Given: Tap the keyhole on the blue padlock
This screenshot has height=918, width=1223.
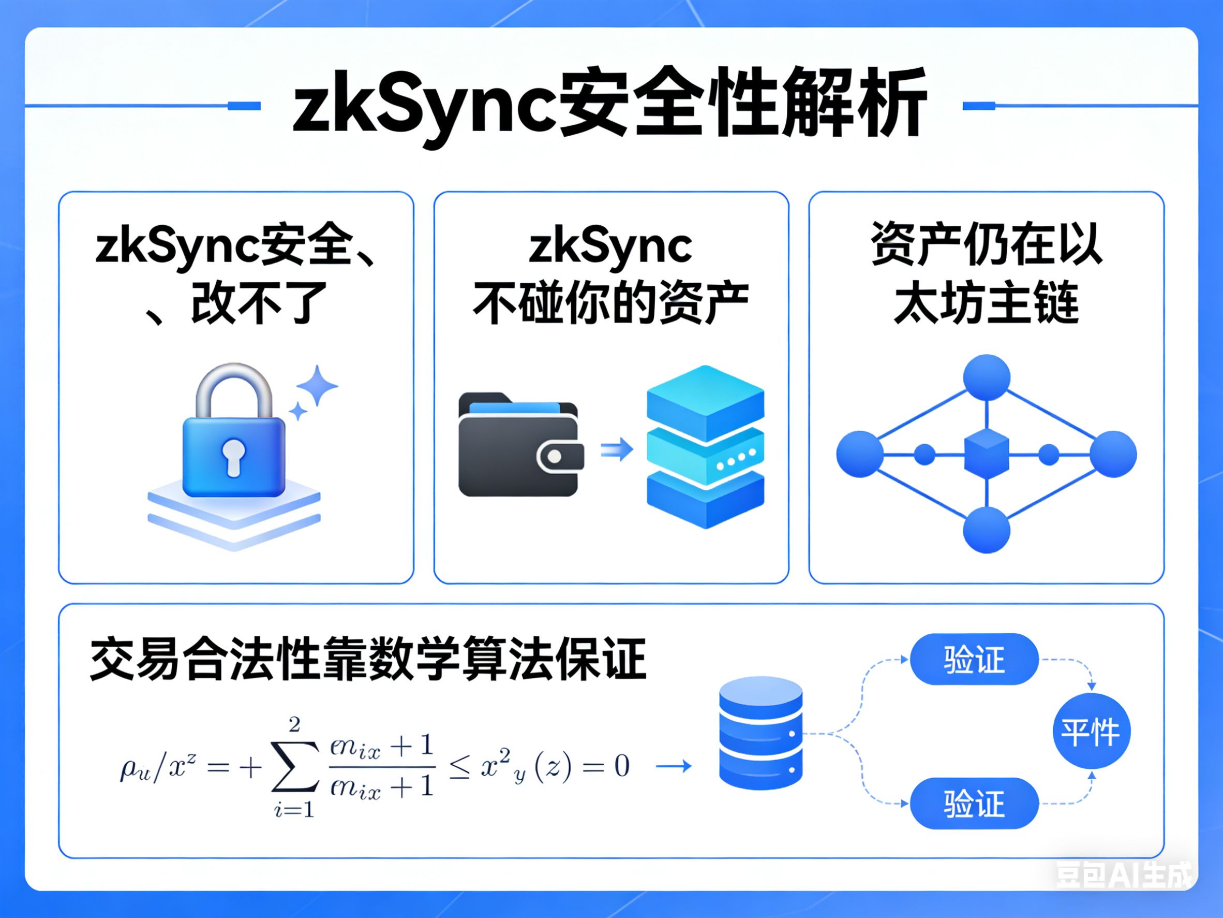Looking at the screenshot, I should point(233,457).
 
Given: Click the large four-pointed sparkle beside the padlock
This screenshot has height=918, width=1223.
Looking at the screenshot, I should point(317,385).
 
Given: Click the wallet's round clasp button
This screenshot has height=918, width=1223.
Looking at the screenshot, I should point(555,457).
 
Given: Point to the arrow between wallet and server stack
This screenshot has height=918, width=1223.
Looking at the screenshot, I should point(617,449).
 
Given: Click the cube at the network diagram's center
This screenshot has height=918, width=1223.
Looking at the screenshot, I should point(987,454).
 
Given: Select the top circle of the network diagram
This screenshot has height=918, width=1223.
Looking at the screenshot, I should point(987,377).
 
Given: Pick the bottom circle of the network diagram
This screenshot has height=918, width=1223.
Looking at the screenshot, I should point(987,530).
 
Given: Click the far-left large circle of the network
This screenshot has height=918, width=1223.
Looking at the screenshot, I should point(860,454).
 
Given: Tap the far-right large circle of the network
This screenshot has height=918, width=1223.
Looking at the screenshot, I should point(1113,454).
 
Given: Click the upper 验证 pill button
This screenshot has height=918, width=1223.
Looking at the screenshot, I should point(974,660).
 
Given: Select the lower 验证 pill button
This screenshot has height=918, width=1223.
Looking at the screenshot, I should point(974,804).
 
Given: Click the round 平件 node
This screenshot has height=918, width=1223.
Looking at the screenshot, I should point(1091,732).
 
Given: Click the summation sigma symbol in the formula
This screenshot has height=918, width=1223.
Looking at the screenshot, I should point(295,766).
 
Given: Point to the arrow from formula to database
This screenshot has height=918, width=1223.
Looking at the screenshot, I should point(674,766).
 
